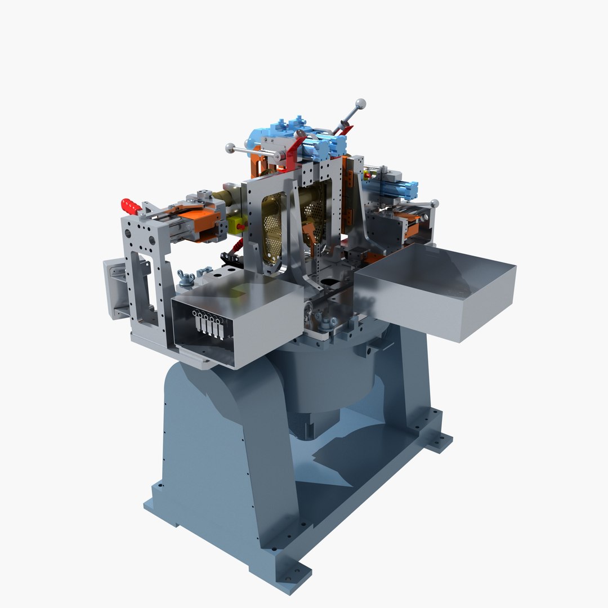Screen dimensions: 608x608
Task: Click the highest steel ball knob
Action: point(361,104)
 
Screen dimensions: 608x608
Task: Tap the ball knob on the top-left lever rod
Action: point(230,148)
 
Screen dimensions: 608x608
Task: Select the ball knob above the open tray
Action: point(434,203)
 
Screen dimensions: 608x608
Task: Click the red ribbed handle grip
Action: point(131,205)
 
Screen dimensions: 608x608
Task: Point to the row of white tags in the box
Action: point(208,325)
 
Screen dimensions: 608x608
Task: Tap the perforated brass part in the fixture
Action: point(273,231)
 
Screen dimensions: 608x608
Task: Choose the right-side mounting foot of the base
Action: point(439,442)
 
